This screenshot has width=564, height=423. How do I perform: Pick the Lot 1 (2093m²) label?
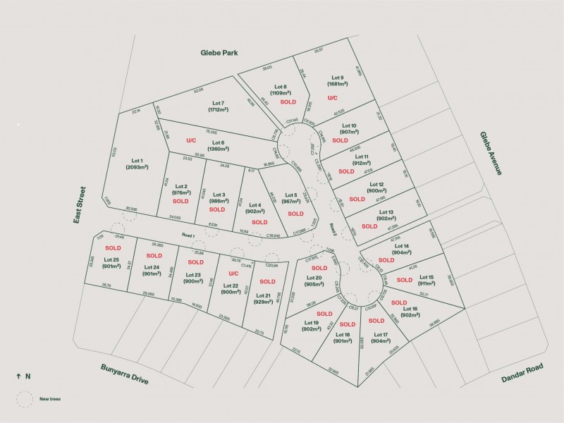(137, 164)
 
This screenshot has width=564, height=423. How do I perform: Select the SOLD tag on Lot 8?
(288, 102)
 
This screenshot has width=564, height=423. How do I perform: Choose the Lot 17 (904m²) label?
(381, 338)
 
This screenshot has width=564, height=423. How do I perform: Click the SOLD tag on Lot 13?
(369, 226)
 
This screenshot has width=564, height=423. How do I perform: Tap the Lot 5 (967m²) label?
(289, 199)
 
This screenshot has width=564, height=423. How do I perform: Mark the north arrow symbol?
(18, 376)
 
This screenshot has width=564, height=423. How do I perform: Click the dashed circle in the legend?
(25, 399)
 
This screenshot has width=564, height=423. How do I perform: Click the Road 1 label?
(188, 235)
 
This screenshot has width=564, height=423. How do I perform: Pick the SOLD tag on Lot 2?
(180, 201)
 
